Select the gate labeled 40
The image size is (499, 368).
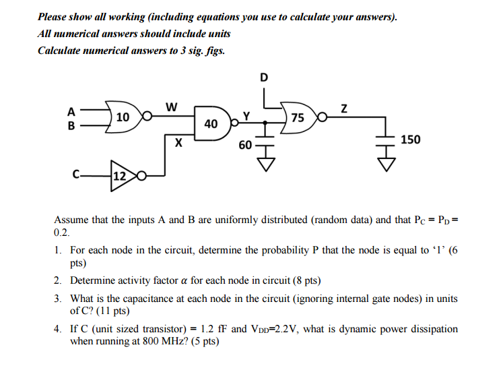pos(211,123)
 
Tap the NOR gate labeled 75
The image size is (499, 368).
pos(298,118)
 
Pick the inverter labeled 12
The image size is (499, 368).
pos(120,176)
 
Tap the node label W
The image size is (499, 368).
pos(171,106)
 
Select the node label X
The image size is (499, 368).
pos(178,143)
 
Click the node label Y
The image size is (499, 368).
pos(247,115)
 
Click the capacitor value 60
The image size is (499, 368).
pos(245,144)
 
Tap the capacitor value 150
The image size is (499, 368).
pos(410,140)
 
